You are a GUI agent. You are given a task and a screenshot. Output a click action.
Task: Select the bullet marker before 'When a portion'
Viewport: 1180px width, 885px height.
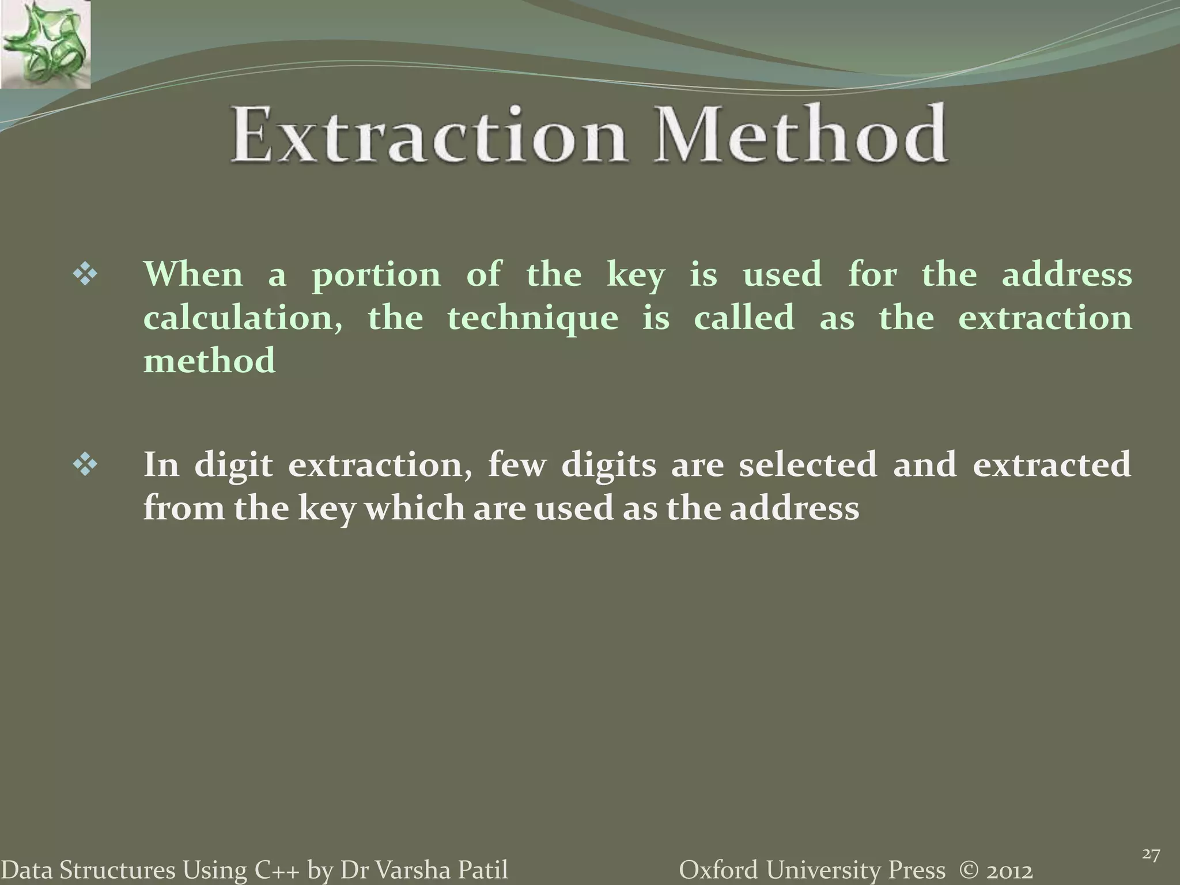[x=85, y=275]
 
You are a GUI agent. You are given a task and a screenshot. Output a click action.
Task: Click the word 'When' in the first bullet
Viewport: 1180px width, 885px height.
[x=193, y=274]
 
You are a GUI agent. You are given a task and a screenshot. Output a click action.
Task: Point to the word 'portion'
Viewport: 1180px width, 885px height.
[x=376, y=275]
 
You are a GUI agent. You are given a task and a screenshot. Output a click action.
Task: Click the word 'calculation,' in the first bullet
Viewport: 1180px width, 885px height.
[x=243, y=319]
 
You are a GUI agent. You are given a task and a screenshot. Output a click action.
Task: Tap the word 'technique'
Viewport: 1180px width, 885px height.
[x=532, y=319]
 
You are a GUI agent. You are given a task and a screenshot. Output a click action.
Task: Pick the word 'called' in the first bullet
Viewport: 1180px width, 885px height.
[x=744, y=317]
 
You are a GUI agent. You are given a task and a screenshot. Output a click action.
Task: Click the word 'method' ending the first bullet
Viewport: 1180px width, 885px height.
[x=209, y=361]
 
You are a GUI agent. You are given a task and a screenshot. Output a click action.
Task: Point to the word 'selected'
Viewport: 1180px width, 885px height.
[x=807, y=464]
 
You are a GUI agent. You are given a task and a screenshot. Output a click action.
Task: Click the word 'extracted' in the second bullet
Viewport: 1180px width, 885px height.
[x=1052, y=464]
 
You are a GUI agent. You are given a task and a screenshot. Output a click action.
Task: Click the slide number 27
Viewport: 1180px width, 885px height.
[x=1151, y=838]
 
